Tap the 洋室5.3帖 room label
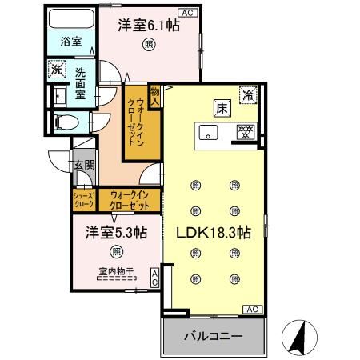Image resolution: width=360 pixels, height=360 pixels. pyautogui.click(x=118, y=233)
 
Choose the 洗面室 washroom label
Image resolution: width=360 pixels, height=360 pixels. pyautogui.click(x=82, y=83)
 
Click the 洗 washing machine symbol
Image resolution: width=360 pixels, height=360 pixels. pyautogui.click(x=57, y=70)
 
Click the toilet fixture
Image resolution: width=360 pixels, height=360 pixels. pyautogui.click(x=67, y=122)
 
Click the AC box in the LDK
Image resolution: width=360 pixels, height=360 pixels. pyautogui.click(x=250, y=309)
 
